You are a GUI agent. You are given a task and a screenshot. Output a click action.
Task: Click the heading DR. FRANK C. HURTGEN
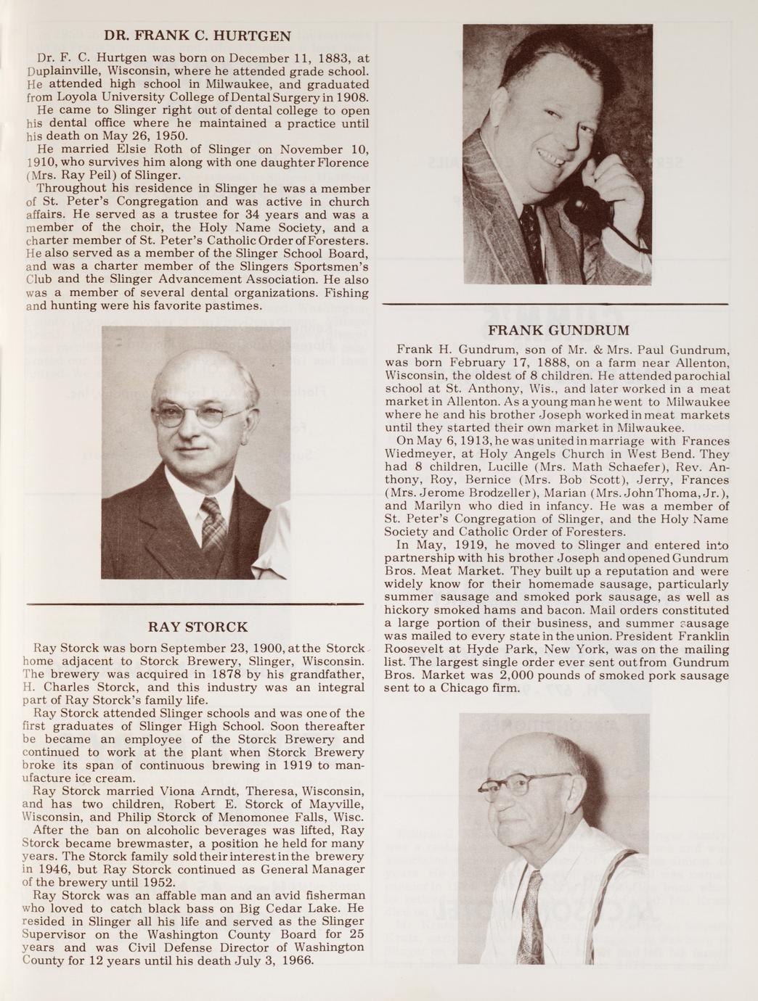point(197,36)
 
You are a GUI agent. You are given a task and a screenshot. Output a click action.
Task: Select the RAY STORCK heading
point(197,627)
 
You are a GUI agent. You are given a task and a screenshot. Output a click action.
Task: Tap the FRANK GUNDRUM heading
point(558,331)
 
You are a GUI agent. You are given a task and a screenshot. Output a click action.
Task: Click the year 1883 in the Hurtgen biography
point(317,58)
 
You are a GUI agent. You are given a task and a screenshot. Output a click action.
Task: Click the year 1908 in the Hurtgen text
point(354,97)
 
